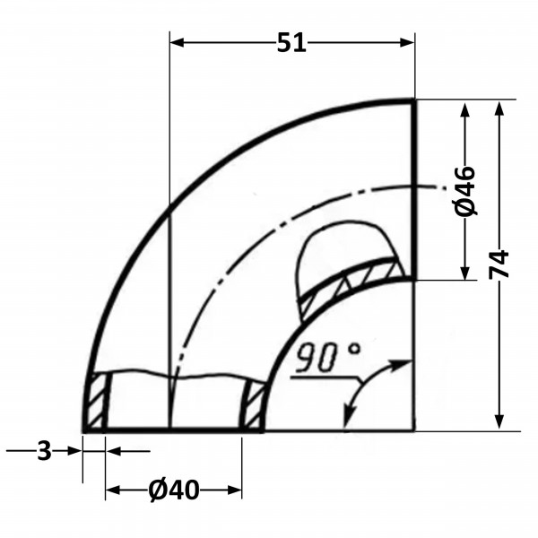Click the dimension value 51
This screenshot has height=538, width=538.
(x=291, y=43)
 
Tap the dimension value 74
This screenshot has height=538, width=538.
(x=499, y=264)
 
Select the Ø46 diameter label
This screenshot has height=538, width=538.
(x=465, y=191)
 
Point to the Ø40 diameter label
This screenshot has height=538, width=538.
(x=174, y=490)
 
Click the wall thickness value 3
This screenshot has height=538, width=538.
(x=44, y=451)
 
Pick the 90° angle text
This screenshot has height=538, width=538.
(x=327, y=357)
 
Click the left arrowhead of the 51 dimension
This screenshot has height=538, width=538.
(x=177, y=42)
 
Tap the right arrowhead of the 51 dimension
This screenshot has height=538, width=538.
(x=407, y=42)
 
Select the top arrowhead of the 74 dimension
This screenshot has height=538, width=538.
(x=499, y=108)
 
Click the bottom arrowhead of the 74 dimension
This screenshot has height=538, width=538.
(x=499, y=421)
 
